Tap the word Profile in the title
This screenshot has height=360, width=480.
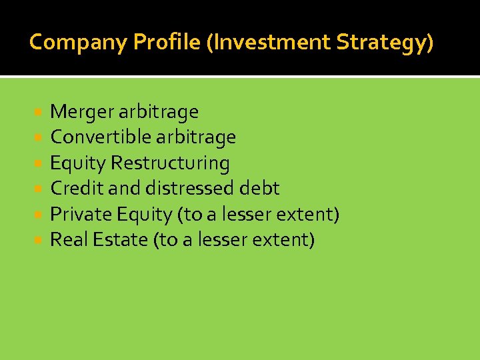pos(167,43)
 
